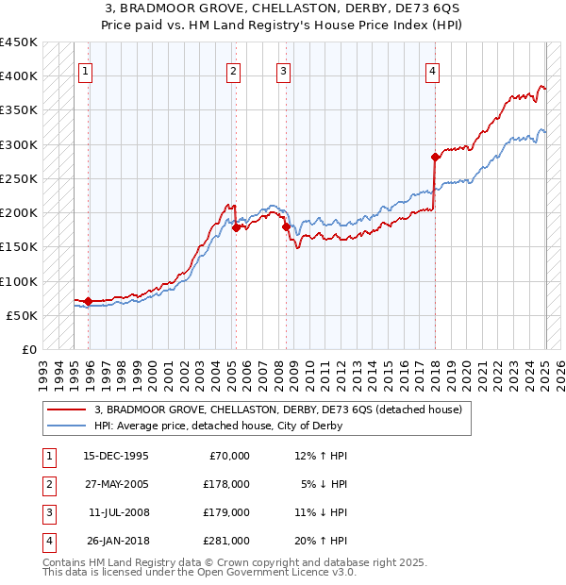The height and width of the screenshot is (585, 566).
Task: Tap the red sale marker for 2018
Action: pos(435,157)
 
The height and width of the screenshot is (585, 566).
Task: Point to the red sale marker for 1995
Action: pos(89,301)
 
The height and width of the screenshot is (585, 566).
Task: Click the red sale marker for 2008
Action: pos(285,226)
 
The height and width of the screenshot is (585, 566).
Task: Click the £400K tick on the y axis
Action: pos(20,76)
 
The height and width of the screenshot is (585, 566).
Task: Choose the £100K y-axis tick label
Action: pos(20,281)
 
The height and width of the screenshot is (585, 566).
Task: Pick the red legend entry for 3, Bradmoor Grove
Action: pos(277,409)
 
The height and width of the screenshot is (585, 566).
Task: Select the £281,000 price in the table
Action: pos(226,541)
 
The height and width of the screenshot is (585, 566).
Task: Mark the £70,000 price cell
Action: pos(229,456)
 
